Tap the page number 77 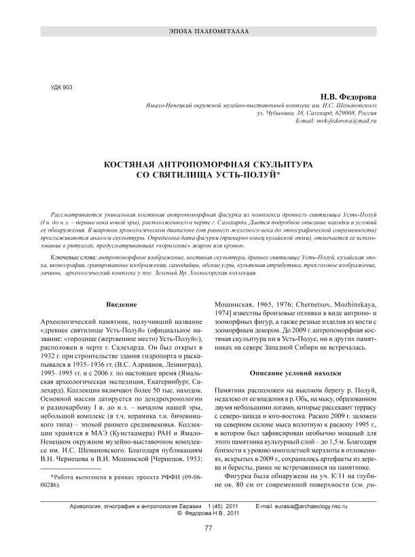coord(209,531)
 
